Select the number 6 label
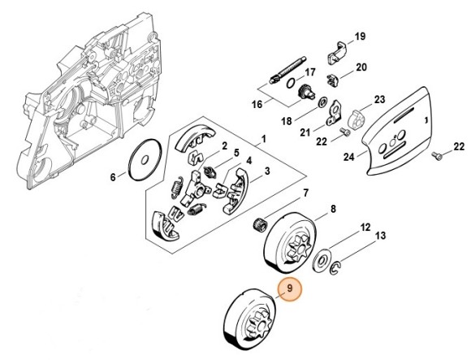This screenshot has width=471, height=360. coord(113,176)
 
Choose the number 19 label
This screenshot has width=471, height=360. coord(361,36)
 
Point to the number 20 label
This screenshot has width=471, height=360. coord(361,67)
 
